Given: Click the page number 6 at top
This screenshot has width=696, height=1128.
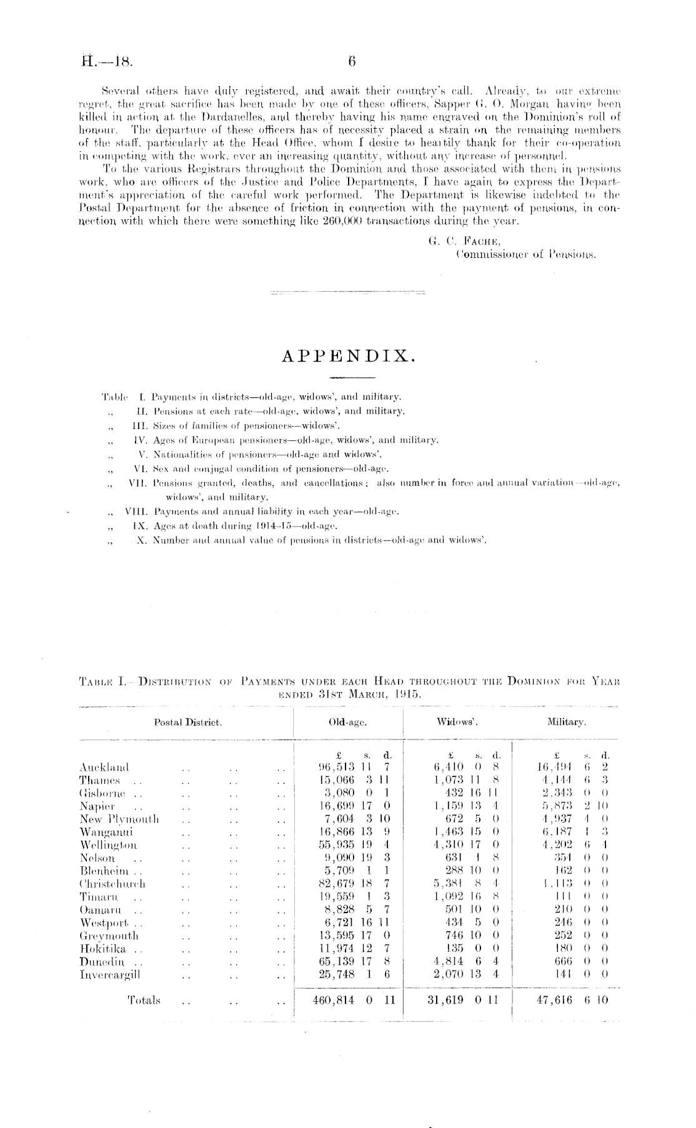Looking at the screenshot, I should (x=352, y=61).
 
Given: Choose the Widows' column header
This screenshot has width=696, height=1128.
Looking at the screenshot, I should (x=457, y=722).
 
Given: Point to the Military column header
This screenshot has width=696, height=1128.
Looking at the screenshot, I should (x=565, y=722).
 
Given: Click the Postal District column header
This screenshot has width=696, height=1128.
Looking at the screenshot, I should (x=188, y=722).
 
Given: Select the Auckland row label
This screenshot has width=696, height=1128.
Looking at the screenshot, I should (x=104, y=767).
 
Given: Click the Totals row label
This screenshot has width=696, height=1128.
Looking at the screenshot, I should (x=144, y=1000).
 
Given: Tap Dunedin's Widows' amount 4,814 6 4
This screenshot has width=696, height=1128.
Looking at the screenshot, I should (x=463, y=962).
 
